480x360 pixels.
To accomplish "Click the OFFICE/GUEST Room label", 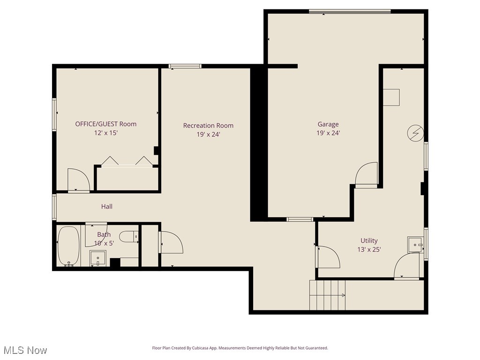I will [106, 124].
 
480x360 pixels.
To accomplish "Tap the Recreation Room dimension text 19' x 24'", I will [208, 135].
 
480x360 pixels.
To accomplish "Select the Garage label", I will [328, 124].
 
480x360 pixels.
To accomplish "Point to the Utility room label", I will [369, 240].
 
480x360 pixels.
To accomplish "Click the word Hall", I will [107, 206].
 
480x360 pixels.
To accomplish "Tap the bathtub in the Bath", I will [68, 246].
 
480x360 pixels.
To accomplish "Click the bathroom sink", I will [98, 258].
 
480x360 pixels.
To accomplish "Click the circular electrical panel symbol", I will [414, 133].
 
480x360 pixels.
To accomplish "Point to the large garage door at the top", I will [349, 12].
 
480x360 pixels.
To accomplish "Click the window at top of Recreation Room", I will [185, 66].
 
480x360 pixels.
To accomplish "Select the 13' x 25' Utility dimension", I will [369, 250].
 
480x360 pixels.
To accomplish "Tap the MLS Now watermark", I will [25, 350].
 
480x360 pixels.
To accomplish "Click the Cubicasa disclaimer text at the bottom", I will [240, 348].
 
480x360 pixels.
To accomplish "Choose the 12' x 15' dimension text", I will [106, 133].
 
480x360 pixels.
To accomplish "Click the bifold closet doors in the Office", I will [127, 161].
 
